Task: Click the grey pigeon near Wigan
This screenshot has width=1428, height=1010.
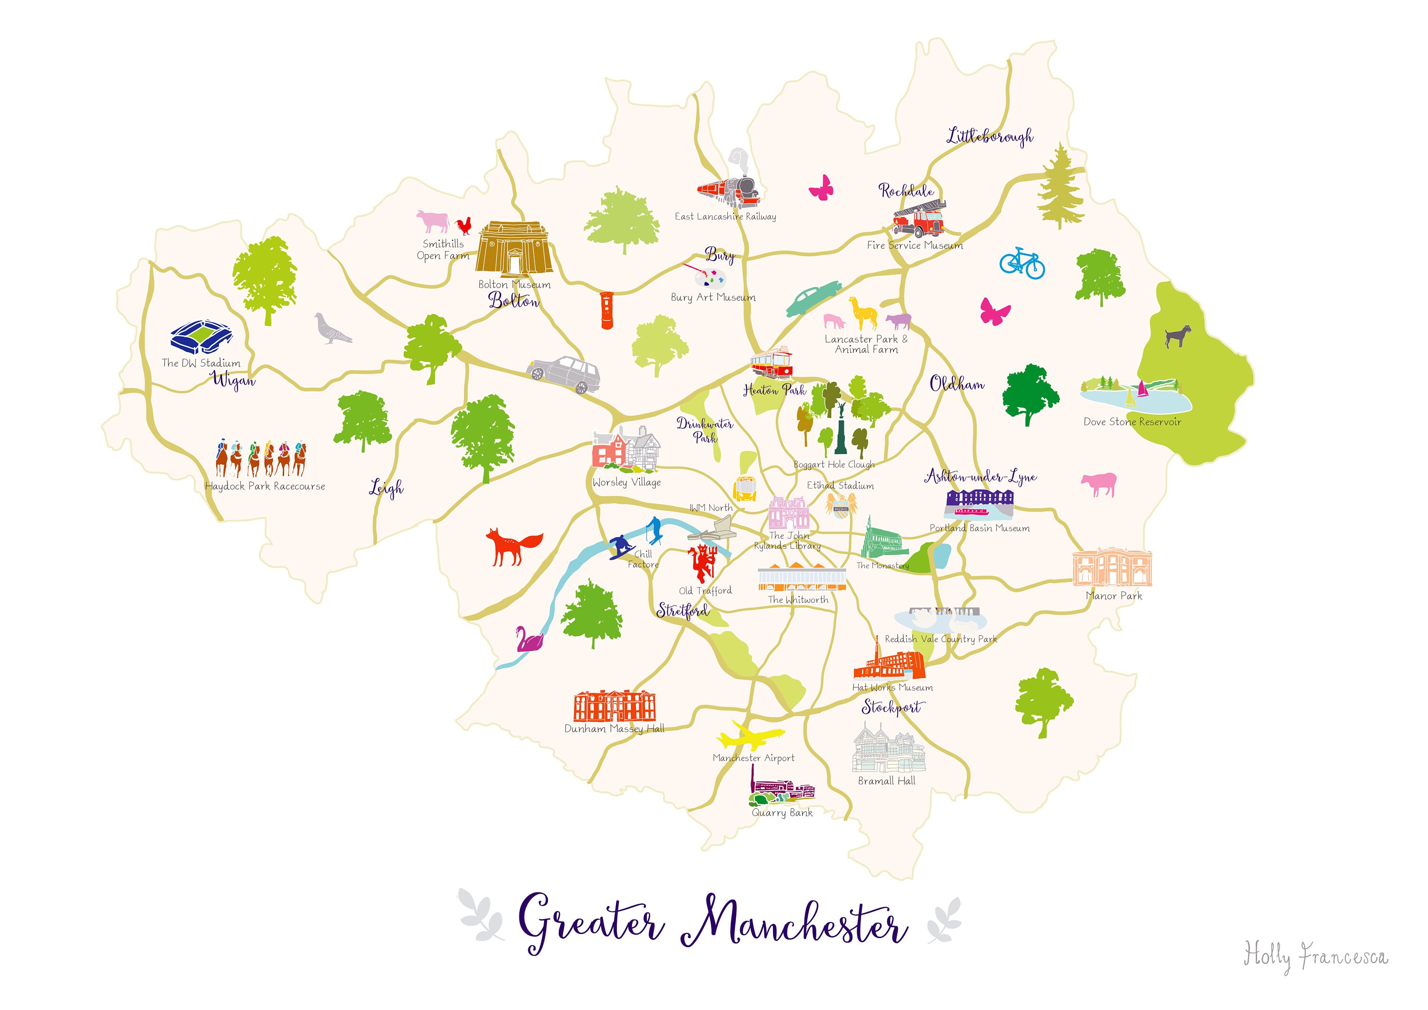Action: [x=331, y=329]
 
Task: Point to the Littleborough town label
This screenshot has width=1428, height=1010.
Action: [x=990, y=136]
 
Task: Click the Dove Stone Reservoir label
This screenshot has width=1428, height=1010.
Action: [x=1132, y=422]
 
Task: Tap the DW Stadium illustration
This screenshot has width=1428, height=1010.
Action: [x=201, y=337]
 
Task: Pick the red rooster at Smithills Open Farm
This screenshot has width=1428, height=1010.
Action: [x=463, y=226]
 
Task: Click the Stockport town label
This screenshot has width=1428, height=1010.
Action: [x=891, y=707]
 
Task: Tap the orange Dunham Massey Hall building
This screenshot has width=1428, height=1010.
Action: [x=614, y=706]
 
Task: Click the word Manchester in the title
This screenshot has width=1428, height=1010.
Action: [x=793, y=928]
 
